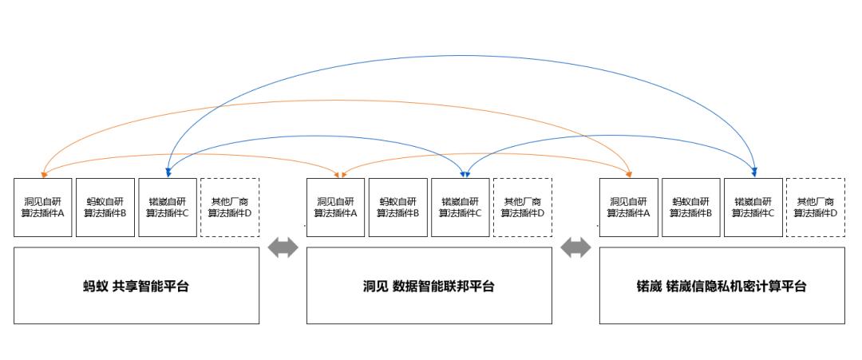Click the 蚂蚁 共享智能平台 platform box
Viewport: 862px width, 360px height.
tap(136, 286)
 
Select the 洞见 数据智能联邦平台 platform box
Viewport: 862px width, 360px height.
tap(429, 286)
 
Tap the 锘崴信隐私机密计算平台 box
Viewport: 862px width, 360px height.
tap(722, 286)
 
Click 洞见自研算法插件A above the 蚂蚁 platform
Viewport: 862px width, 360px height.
tap(43, 208)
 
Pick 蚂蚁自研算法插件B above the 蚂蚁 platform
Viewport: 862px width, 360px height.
tap(105, 208)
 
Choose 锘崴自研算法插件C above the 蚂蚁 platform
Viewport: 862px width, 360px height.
tap(168, 208)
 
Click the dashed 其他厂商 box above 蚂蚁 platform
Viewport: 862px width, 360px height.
tap(230, 208)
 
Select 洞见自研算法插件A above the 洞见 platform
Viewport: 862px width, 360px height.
tap(336, 208)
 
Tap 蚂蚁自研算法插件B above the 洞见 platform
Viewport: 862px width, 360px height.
tap(398, 208)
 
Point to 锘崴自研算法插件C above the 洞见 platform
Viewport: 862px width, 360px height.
tap(461, 208)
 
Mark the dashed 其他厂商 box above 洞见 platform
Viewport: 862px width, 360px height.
tap(523, 208)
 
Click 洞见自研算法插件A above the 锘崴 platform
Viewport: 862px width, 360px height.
tap(629, 208)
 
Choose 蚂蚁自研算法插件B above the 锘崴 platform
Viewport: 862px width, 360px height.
tap(691, 208)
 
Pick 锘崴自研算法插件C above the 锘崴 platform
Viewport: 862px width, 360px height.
tap(753, 208)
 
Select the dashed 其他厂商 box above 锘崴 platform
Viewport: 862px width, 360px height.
tap(816, 208)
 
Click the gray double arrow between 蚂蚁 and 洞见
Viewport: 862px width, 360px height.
tap(283, 248)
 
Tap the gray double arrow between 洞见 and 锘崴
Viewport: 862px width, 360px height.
tap(575, 248)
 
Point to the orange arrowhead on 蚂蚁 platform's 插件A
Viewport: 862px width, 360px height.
tap(43, 172)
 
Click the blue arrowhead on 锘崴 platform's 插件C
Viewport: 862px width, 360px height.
tap(754, 172)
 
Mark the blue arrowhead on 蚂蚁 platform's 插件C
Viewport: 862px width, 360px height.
tap(168, 172)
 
